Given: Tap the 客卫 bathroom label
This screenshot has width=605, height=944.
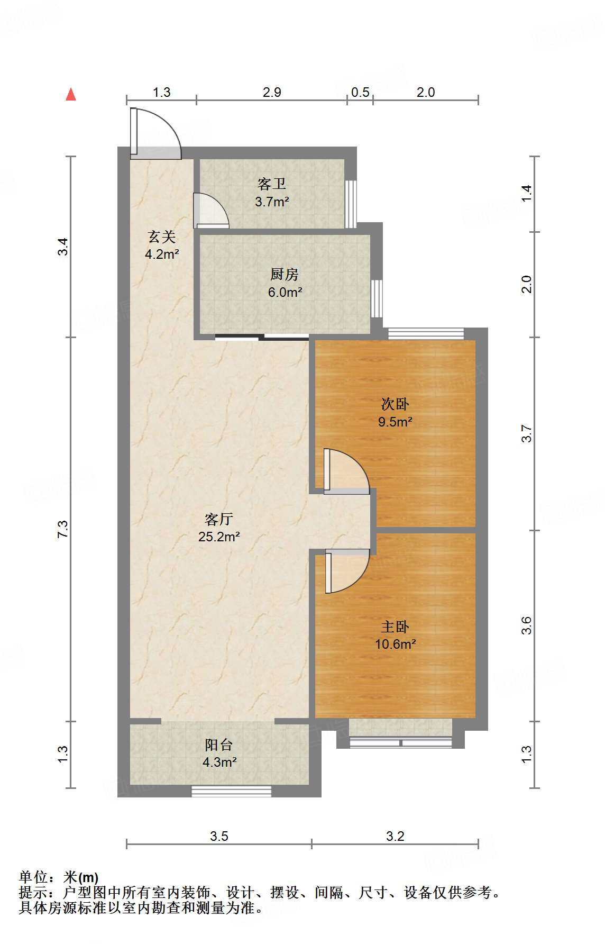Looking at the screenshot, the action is (x=272, y=184).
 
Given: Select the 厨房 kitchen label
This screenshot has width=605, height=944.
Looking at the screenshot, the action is (x=285, y=274).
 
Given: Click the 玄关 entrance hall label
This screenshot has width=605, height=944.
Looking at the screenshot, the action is (x=162, y=237).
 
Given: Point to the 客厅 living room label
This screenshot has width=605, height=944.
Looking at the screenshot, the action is (x=219, y=519).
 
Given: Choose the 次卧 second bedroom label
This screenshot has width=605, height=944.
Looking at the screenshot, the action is (x=395, y=404).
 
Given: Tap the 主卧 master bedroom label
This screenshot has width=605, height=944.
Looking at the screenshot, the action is (x=395, y=627).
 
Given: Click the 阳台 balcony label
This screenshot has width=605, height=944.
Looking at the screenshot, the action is (x=219, y=745).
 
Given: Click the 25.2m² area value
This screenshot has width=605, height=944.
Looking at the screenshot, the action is (x=219, y=537).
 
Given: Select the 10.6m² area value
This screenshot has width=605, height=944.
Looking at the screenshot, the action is (x=396, y=644).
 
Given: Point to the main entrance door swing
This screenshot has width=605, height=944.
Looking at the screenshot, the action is (x=155, y=133).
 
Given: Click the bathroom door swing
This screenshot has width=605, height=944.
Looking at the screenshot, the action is (x=211, y=211).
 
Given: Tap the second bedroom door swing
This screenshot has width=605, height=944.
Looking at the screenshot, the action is (x=346, y=471).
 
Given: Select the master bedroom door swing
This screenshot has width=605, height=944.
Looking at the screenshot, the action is (x=347, y=571).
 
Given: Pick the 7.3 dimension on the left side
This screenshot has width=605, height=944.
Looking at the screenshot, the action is (x=63, y=529).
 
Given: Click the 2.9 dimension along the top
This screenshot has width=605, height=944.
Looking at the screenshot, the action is (x=272, y=92).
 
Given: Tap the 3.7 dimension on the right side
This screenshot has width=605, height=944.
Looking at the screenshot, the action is (x=526, y=434).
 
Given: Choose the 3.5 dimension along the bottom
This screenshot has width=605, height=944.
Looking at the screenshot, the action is (x=219, y=836).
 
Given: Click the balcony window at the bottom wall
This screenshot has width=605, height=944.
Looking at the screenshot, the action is (x=231, y=792).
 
